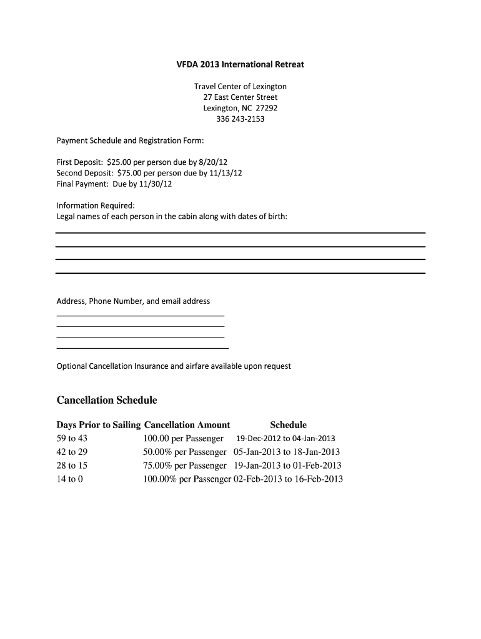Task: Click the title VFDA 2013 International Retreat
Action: point(240,64)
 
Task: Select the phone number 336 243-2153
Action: point(240,119)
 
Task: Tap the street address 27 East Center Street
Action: point(240,97)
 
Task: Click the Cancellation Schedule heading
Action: point(107,399)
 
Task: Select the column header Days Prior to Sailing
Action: point(99,425)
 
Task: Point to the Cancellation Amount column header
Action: point(187,425)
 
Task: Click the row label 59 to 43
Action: point(72,439)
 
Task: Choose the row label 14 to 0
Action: point(69,479)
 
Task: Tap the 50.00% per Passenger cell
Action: point(184,452)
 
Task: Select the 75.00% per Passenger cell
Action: point(184,466)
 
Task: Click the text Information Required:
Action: point(96,205)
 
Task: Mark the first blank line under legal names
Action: point(240,233)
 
